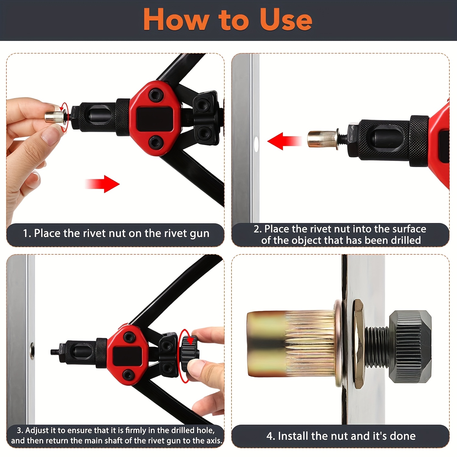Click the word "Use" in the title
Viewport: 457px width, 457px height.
click(286, 19)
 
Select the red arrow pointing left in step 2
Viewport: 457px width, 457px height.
click(285, 141)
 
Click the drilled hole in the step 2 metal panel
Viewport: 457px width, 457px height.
click(256, 144)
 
